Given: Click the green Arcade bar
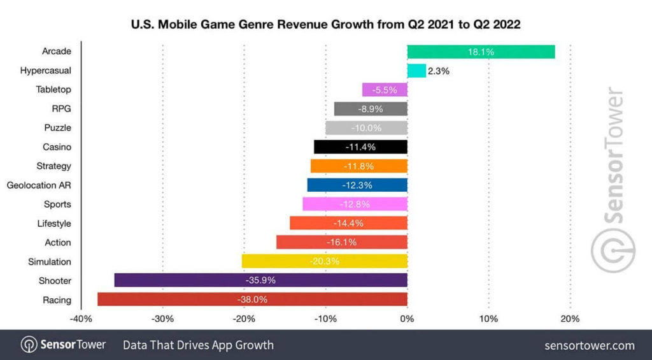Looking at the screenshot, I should point(481,52).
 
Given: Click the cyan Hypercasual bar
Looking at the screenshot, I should point(416,71).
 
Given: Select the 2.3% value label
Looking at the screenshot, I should point(439,71).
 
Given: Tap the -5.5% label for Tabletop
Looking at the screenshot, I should point(385,90).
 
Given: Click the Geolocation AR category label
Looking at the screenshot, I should point(39,185).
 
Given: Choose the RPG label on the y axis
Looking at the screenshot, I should point(61,108).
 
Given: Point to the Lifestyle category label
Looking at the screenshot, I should point(54,223).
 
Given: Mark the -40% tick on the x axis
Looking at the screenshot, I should point(81,319).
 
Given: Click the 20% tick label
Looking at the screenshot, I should point(570,319).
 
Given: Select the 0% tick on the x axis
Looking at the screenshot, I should point(407,319).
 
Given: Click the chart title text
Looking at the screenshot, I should point(325,26).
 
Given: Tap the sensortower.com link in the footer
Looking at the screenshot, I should point(590,345).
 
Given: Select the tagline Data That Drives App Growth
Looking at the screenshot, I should point(198,345).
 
